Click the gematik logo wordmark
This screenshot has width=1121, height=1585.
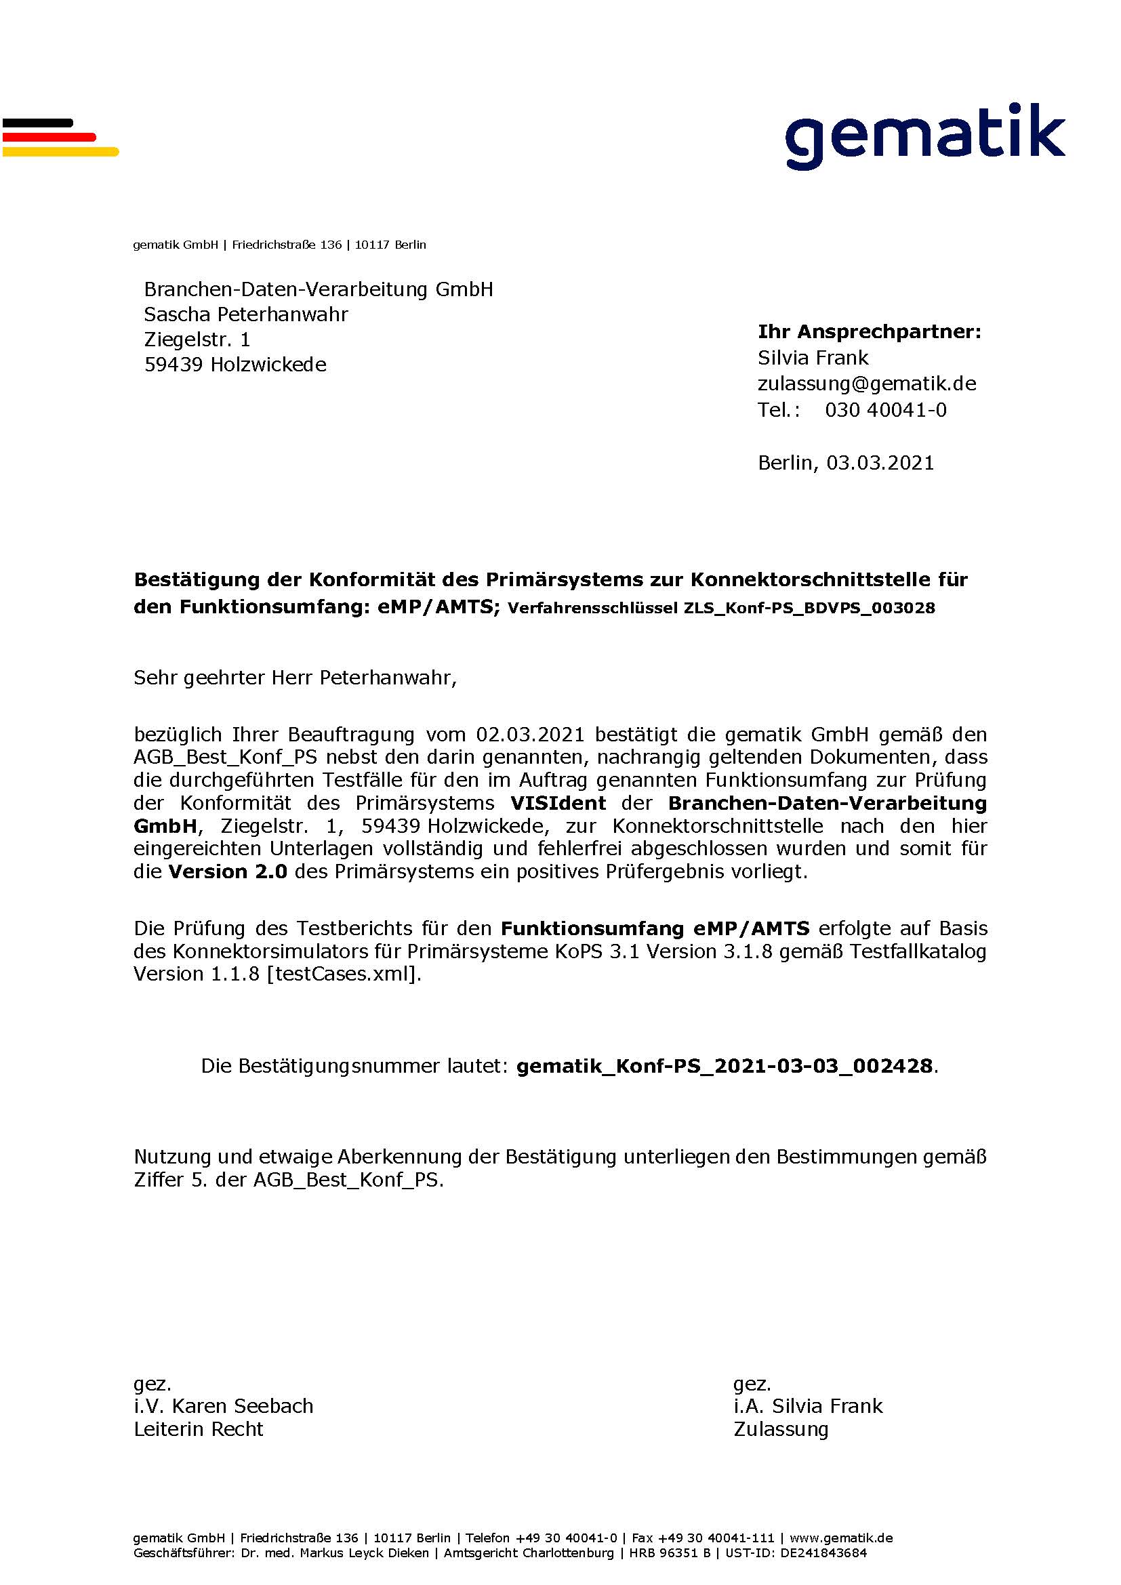click(x=924, y=136)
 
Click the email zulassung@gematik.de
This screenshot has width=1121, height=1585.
click(x=866, y=384)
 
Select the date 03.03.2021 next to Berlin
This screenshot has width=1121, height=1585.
click(x=880, y=463)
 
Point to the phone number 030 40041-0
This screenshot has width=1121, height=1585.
click(x=886, y=410)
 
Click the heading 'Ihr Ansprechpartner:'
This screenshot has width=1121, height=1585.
click(x=869, y=332)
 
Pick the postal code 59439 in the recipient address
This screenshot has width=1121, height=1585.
click(x=174, y=365)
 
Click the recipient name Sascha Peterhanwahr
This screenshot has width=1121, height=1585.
click(x=246, y=315)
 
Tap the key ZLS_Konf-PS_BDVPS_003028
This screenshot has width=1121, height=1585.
click(x=809, y=608)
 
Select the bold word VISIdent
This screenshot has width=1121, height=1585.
click(x=558, y=803)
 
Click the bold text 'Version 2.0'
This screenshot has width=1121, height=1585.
click(x=228, y=872)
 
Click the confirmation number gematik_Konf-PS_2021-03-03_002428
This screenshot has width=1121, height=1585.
click(x=724, y=1066)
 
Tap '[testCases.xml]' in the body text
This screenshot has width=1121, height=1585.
click(x=343, y=974)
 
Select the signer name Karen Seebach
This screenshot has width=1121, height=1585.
click(x=242, y=1406)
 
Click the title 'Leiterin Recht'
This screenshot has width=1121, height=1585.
click(x=198, y=1429)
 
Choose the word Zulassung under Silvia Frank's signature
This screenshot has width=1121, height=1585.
click(x=781, y=1429)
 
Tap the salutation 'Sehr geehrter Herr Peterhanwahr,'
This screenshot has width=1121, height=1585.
click(x=295, y=677)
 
